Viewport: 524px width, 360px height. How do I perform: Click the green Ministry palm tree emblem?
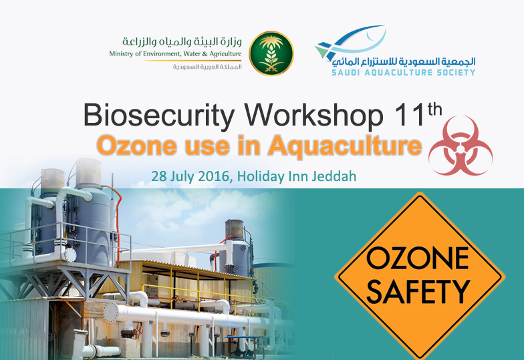tap(271, 53)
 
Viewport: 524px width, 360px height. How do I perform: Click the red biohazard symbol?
tap(461, 146)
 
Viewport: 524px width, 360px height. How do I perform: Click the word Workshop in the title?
tap(313, 115)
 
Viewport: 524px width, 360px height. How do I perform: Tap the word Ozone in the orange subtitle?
tap(136, 146)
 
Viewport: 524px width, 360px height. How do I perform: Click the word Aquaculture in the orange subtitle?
tap(345, 146)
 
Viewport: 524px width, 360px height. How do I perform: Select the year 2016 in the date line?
tap(214, 176)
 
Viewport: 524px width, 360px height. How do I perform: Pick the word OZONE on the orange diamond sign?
tap(418, 258)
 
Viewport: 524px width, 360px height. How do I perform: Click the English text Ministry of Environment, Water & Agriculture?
tap(175, 53)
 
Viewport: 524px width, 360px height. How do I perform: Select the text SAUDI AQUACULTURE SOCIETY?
tap(404, 72)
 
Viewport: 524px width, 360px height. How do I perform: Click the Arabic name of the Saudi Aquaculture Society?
tap(404, 61)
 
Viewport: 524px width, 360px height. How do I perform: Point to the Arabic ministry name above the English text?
tap(182, 41)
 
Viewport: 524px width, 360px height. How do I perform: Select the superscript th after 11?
tap(434, 110)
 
